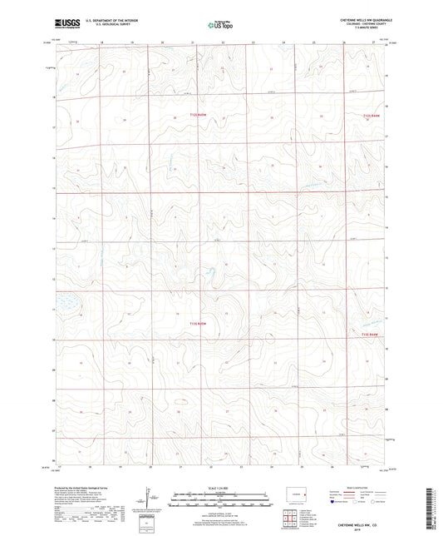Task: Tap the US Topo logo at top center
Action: click(x=220, y=26)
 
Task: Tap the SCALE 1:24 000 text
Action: click(x=220, y=487)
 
